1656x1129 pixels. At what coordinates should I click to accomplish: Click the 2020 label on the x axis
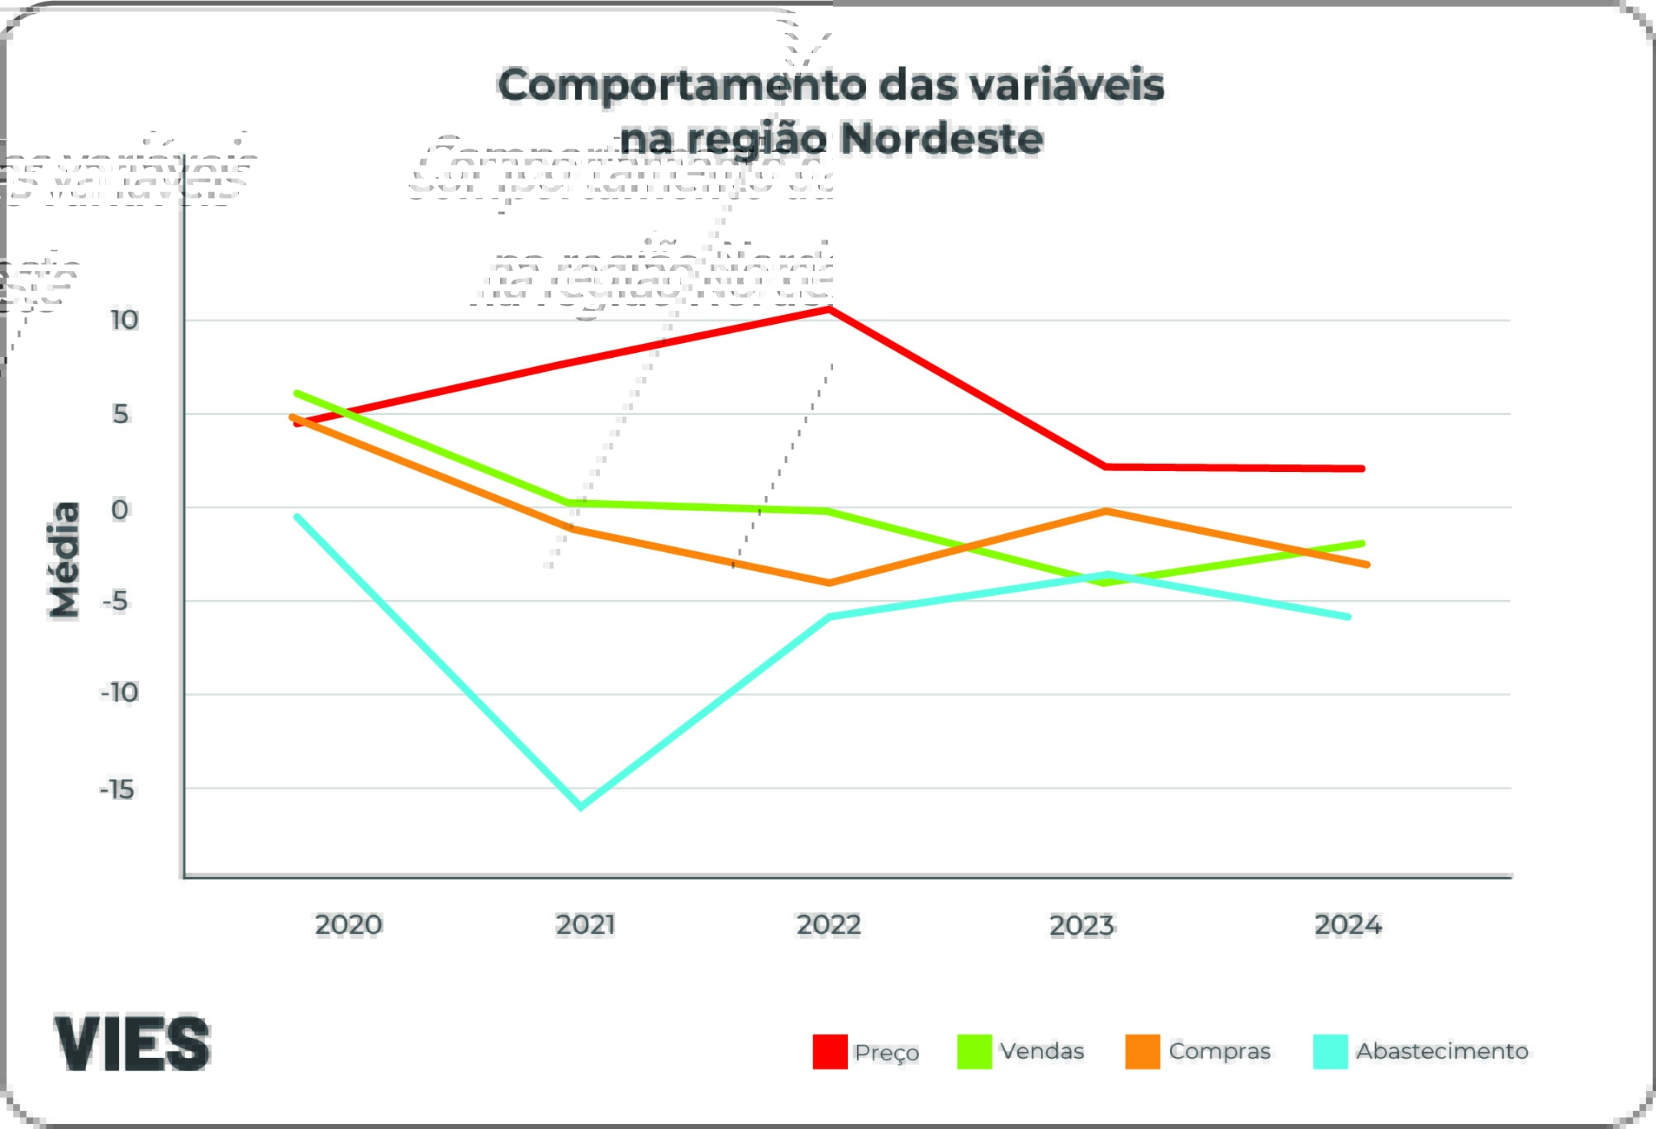click(348, 924)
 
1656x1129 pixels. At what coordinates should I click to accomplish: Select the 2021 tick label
click(585, 924)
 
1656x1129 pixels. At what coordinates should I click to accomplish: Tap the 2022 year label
click(829, 924)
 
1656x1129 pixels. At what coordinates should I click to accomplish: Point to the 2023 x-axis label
click(1082, 925)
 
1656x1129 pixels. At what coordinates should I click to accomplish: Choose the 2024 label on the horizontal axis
click(1348, 924)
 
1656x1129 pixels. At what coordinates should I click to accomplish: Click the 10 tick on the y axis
click(124, 320)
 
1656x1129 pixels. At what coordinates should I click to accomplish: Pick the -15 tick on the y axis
click(117, 790)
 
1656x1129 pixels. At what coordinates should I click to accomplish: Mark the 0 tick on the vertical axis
click(120, 509)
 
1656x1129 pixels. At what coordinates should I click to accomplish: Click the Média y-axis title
click(64, 560)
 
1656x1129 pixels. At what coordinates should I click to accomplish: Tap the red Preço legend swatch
click(830, 1051)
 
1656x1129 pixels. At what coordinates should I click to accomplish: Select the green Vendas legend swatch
click(974, 1051)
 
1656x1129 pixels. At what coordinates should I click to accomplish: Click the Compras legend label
click(1219, 1051)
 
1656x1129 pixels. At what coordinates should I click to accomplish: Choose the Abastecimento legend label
click(1442, 1051)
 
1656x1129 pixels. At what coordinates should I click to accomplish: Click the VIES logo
click(132, 1043)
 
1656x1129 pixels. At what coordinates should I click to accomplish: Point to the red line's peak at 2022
click(830, 309)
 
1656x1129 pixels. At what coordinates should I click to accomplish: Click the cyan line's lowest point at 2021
click(580, 806)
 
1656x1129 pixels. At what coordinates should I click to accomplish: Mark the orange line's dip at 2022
click(829, 583)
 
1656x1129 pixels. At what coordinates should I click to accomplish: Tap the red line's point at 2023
click(1106, 467)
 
